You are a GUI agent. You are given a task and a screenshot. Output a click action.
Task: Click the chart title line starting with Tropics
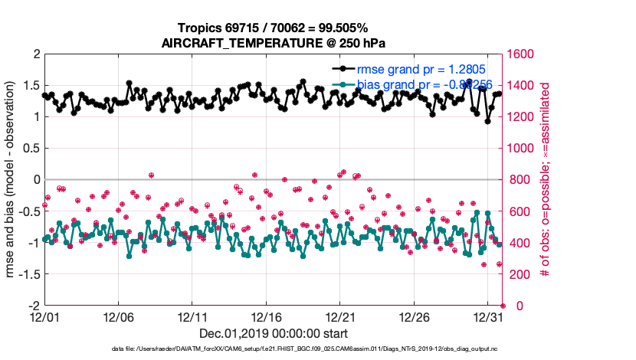coord(274,28)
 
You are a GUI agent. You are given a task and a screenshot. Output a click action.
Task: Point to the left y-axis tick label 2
coord(35,54)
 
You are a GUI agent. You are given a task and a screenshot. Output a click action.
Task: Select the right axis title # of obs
coord(545,180)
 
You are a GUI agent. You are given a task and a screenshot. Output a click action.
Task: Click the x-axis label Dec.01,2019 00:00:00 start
coord(274,334)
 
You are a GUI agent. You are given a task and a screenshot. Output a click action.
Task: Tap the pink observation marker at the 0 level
coord(503,306)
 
